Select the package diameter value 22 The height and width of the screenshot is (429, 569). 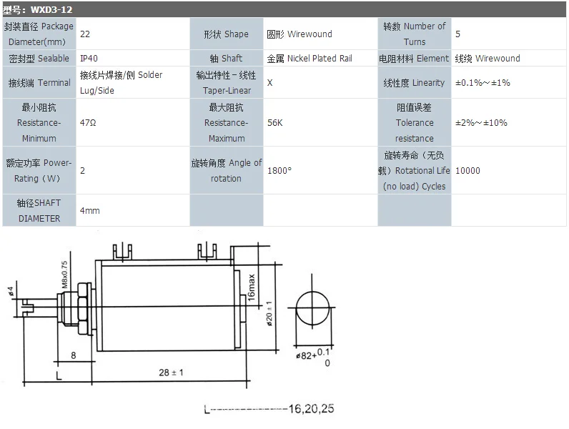click(85, 34)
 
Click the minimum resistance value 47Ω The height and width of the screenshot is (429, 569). click(88, 122)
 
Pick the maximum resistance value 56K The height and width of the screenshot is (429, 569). click(274, 122)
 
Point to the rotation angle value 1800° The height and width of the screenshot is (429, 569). click(279, 171)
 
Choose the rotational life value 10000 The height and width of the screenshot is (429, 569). click(467, 171)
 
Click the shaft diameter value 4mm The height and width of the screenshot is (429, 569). click(89, 211)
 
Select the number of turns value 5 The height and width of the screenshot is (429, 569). click(457, 34)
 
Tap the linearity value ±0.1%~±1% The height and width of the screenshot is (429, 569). click(483, 83)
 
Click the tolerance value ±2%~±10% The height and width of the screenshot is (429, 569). click(481, 122)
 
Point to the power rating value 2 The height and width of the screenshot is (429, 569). click(83, 171)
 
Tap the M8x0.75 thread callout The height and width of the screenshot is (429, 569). click(64, 275)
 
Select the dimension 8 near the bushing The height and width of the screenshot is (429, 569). click(73, 355)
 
